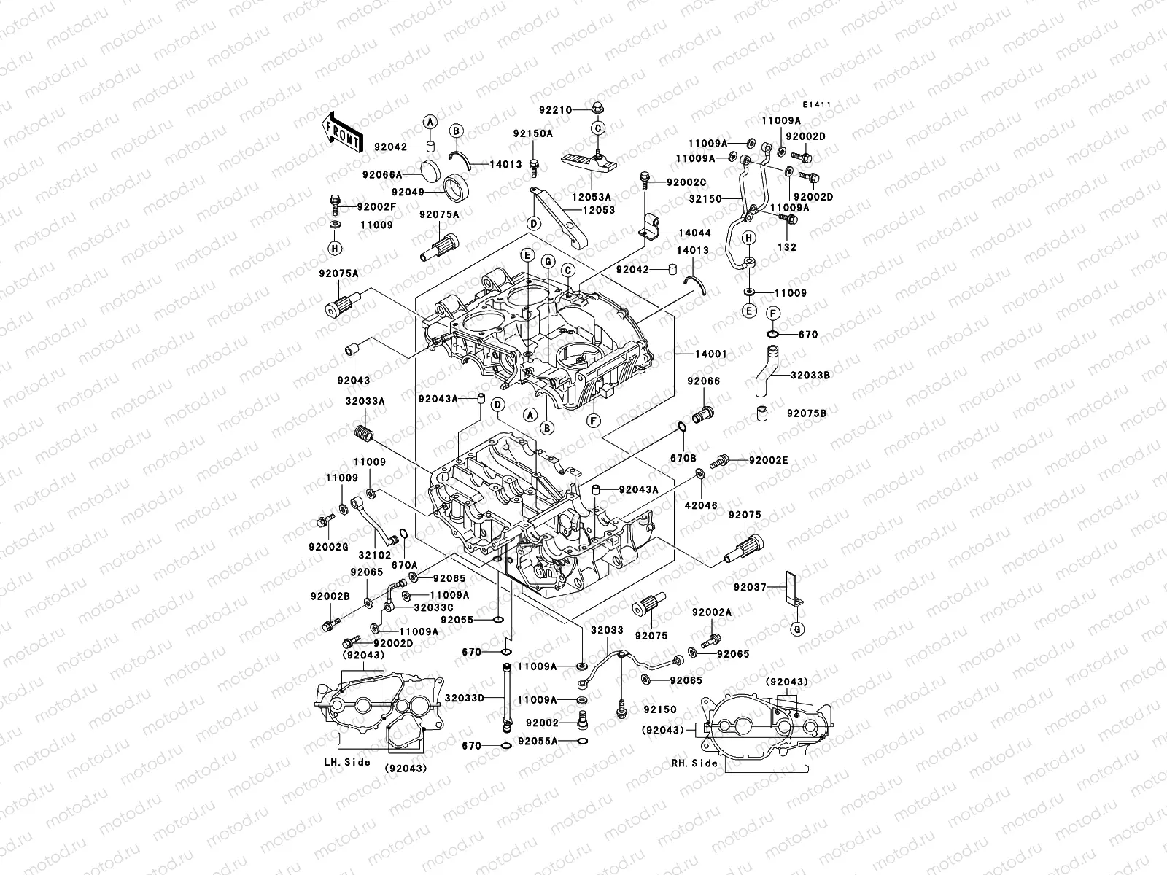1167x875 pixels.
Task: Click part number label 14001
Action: (710, 354)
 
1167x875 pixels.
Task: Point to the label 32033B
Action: (810, 375)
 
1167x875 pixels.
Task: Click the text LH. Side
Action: (347, 762)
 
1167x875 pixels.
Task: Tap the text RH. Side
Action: (694, 763)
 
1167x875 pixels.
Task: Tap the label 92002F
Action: (376, 207)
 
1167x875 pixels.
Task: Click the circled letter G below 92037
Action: (797, 629)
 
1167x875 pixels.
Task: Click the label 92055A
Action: (538, 741)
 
